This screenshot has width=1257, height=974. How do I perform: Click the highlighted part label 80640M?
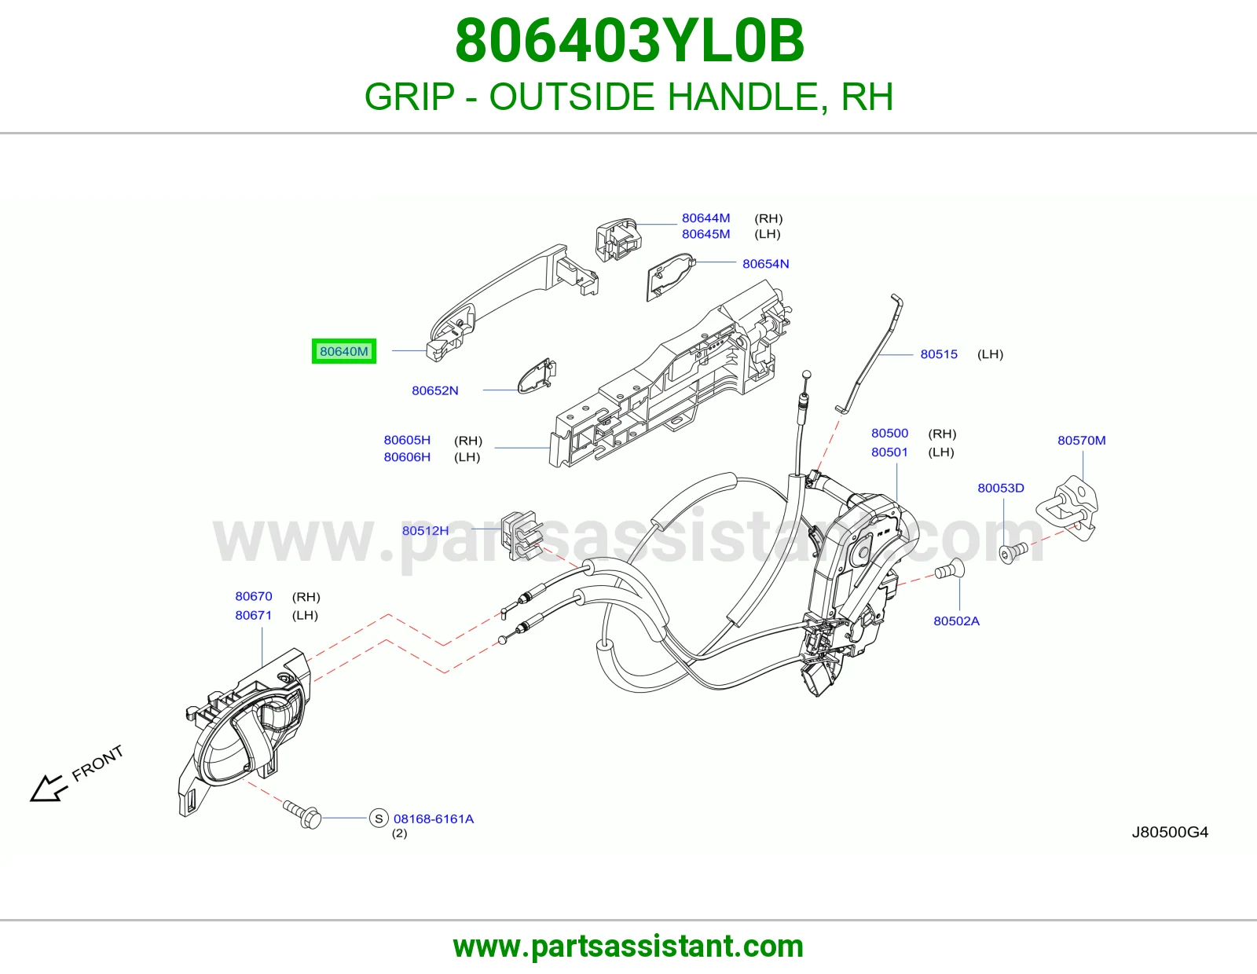(343, 351)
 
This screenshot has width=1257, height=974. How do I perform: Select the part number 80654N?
(765, 264)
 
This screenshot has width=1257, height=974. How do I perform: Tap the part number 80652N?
(435, 390)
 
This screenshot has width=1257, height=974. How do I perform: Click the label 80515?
(939, 354)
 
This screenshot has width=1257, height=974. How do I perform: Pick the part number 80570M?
(1081, 440)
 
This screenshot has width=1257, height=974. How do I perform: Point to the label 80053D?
(1001, 488)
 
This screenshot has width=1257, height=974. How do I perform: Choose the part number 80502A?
(956, 621)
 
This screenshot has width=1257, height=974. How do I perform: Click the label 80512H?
(425, 530)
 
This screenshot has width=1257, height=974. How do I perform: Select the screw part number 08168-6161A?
(433, 818)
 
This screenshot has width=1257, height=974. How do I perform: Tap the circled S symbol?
(379, 818)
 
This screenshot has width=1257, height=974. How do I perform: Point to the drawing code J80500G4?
(1170, 832)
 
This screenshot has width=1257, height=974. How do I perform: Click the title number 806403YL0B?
(629, 41)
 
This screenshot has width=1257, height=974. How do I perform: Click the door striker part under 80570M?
(1067, 507)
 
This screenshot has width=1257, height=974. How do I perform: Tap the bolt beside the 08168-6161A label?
(302, 813)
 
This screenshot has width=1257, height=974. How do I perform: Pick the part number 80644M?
(705, 218)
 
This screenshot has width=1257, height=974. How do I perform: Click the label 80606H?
(407, 457)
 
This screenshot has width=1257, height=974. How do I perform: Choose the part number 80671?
(254, 615)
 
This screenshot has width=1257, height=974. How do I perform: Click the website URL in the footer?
(628, 947)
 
